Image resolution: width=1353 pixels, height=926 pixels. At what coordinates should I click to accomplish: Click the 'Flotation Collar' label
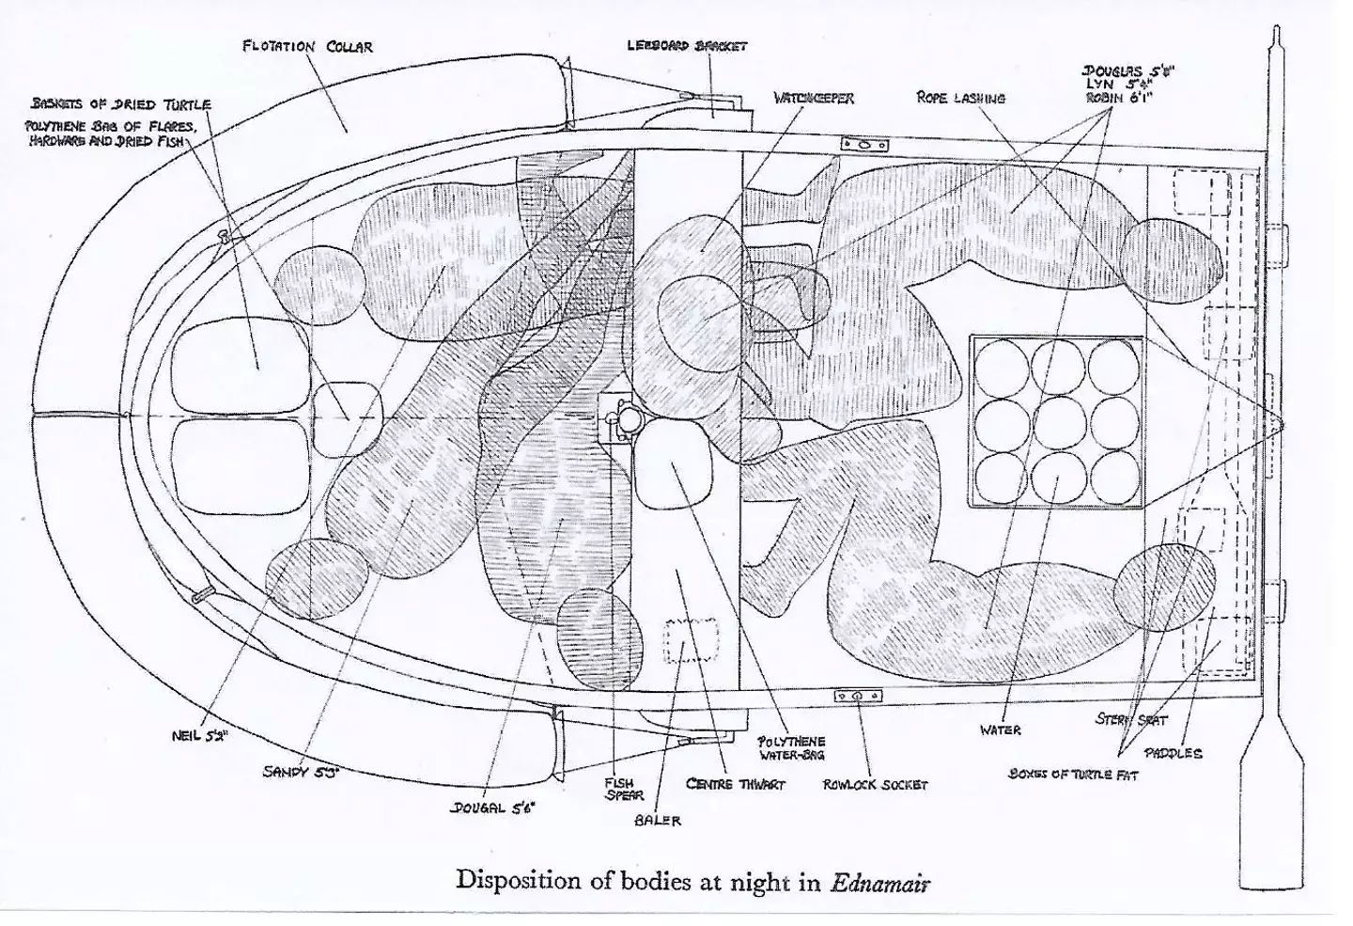click(307, 46)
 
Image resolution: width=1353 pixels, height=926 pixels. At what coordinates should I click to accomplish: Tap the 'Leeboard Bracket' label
click(686, 45)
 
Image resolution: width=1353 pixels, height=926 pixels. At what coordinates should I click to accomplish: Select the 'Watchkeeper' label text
click(814, 98)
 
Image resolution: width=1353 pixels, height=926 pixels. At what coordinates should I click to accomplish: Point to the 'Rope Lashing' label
click(960, 98)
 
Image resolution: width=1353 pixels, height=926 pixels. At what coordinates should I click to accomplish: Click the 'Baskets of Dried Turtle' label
click(121, 104)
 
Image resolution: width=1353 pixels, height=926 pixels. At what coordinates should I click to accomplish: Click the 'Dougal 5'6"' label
click(492, 808)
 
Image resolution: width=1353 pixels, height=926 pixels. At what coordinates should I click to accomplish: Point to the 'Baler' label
click(658, 820)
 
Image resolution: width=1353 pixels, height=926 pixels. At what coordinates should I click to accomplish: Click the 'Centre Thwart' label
click(735, 783)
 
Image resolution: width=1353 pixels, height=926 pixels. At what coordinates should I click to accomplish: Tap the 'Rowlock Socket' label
click(875, 784)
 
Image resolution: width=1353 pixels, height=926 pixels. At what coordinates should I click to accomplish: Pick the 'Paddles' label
click(1173, 753)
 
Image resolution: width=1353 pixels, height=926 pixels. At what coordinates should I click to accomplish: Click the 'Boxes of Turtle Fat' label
click(1072, 776)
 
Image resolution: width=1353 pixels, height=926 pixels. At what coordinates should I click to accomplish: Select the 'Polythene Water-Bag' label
click(791, 747)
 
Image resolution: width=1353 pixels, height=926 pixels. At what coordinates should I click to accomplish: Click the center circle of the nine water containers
click(1057, 423)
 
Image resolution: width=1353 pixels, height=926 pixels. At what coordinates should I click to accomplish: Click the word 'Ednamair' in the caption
click(881, 883)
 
